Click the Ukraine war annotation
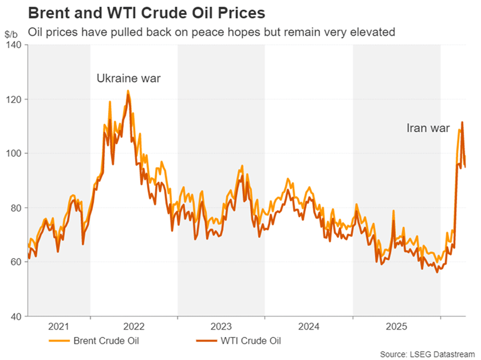click(128, 78)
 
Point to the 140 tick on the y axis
click(14, 45)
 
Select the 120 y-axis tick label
click(14, 100)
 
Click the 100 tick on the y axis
click(14, 153)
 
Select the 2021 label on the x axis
click(59, 327)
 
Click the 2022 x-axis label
click(133, 327)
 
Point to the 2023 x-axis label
click(221, 327)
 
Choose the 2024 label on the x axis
click(309, 327)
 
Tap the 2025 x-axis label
click(396, 327)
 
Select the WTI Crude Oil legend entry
click(251, 341)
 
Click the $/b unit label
click(11, 34)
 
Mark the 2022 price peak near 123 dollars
click(128, 90)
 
